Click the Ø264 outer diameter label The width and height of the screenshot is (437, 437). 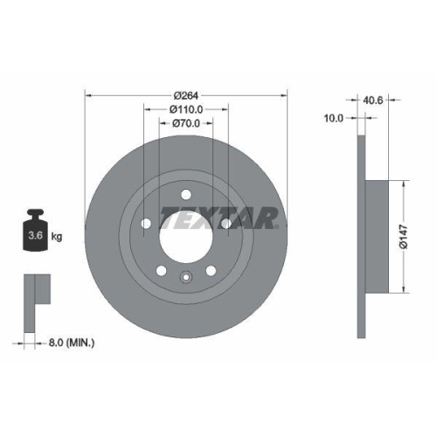click(x=187, y=94)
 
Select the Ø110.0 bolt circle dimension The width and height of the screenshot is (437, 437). click(x=187, y=109)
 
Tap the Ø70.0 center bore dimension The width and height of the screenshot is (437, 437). click(x=187, y=124)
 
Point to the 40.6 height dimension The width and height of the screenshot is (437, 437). click(x=373, y=100)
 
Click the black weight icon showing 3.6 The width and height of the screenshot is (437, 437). click(x=34, y=232)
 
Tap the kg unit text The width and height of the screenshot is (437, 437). click(x=57, y=237)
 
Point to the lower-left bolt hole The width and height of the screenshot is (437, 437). click(x=161, y=270)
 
